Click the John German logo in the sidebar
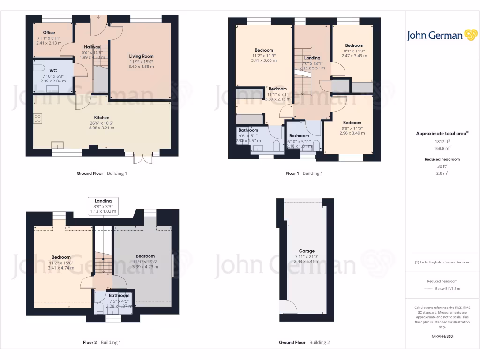pyautogui.click(x=442, y=35)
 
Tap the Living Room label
pyautogui.click(x=142, y=56)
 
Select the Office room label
pyautogui.click(x=49, y=33)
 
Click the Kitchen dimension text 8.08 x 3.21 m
pyautogui.click(x=102, y=128)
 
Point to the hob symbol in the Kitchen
pyautogui.click(x=37, y=119)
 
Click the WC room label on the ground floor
pyautogui.click(x=53, y=71)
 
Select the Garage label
pyautogui.click(x=307, y=251)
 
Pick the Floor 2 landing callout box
pyautogui.click(x=103, y=206)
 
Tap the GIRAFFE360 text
pyautogui.click(x=442, y=336)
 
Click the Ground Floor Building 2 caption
pyautogui.click(x=304, y=342)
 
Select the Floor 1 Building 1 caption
pyautogui.click(x=304, y=173)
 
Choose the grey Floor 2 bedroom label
pyautogui.click(x=145, y=256)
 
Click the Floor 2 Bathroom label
pyautogui.click(x=119, y=295)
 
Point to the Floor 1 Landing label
pyautogui.click(x=312, y=58)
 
